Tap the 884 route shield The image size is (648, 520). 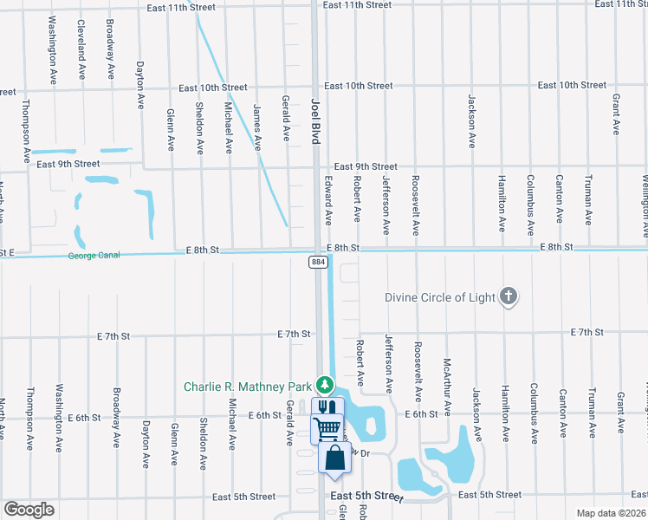point(320,261)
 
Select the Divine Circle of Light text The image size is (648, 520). point(440,298)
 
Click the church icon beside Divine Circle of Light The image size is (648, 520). point(509,297)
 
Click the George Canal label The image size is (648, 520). point(93,256)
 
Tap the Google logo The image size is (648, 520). point(29,510)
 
